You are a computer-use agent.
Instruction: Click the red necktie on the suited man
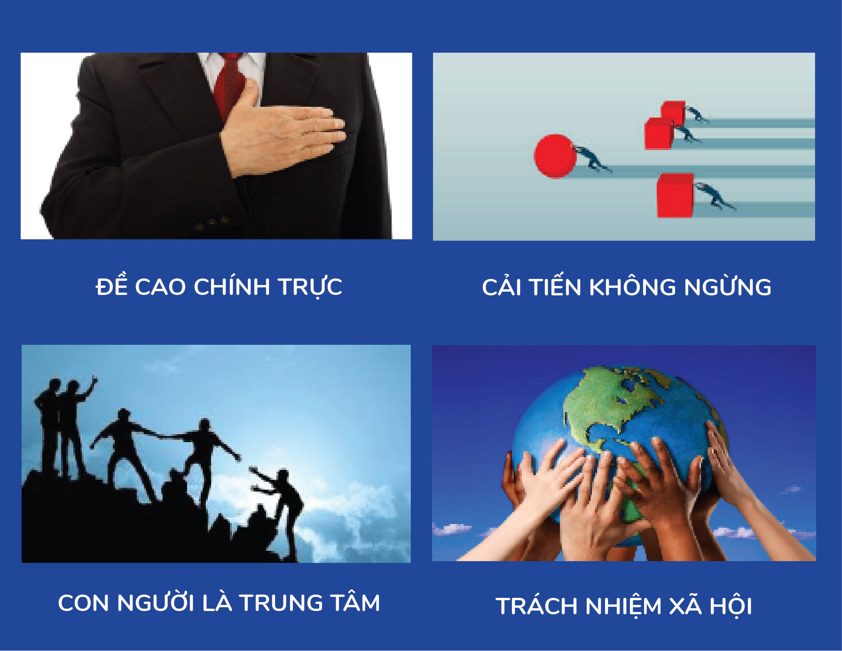[x=229, y=85]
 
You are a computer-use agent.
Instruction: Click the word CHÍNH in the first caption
[x=232, y=286]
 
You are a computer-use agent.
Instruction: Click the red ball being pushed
[x=555, y=156]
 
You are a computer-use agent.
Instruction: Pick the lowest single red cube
[x=675, y=196]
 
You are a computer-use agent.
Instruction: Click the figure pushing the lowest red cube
[x=715, y=196]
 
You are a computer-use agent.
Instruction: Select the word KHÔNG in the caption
[x=633, y=287]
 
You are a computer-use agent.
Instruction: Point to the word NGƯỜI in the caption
[x=156, y=603]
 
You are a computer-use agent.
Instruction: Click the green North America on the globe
[x=611, y=405]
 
